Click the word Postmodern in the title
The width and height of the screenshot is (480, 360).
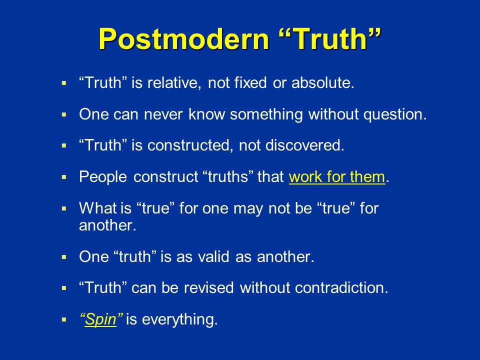tap(183, 39)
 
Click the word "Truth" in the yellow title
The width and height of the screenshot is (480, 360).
tap(330, 38)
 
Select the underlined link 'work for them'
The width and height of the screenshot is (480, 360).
tap(337, 176)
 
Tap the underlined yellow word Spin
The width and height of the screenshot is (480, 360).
tap(100, 320)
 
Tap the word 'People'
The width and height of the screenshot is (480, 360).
tap(103, 177)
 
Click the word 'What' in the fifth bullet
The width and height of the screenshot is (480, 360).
tap(98, 208)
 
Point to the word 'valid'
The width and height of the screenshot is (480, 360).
tap(213, 256)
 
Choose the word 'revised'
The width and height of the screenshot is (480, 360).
tap(209, 288)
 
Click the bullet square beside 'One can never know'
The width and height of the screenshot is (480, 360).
tap(63, 115)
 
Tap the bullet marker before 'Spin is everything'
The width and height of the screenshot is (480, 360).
tap(63, 320)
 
